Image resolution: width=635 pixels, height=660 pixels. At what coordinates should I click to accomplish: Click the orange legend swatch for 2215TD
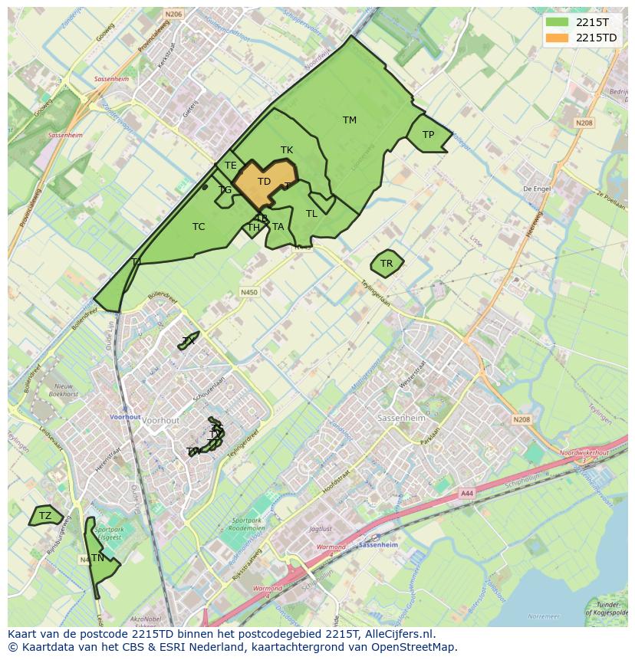[558, 38]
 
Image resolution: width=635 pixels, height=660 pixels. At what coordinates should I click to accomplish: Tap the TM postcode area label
[350, 120]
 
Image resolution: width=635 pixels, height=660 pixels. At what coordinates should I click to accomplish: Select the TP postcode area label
[428, 135]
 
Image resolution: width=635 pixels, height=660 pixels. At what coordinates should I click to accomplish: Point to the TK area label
[287, 150]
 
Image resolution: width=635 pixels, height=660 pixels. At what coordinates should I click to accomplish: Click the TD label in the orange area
[264, 182]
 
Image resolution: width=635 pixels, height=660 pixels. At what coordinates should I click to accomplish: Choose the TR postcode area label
[387, 264]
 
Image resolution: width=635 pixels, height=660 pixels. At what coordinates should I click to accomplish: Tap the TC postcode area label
[199, 227]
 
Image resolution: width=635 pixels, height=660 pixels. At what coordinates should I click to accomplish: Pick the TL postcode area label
[311, 214]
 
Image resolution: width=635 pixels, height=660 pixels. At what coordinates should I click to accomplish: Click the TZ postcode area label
[45, 516]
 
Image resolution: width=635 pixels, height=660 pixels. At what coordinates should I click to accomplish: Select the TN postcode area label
[97, 558]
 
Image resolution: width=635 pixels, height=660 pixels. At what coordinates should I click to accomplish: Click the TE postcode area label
[230, 166]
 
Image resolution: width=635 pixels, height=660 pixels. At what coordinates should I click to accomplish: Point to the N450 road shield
[248, 292]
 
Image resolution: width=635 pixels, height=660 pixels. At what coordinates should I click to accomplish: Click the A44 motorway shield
[467, 494]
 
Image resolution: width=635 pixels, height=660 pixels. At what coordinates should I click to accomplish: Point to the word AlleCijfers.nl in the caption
[398, 634]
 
